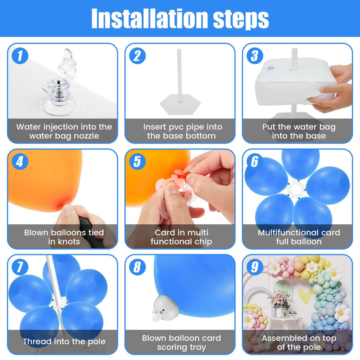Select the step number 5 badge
[137, 161]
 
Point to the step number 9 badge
[254, 267]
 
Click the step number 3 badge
[254, 56]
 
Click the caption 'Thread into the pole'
[64, 341]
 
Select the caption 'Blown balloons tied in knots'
[64, 237]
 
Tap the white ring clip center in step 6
[295, 190]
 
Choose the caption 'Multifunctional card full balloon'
[298, 237]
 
